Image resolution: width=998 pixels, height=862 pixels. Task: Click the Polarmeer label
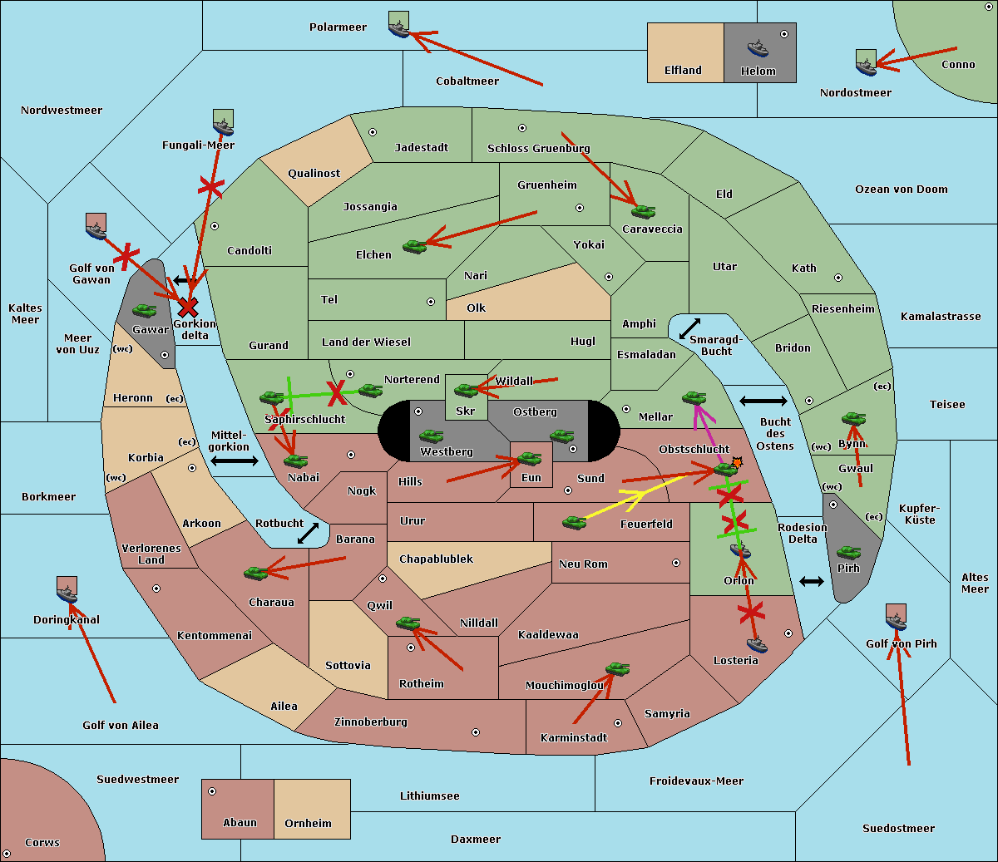(338, 27)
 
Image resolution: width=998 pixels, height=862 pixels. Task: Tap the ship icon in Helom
(757, 48)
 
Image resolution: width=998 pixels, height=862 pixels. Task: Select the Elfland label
(683, 71)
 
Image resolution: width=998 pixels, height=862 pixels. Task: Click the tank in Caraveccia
(643, 212)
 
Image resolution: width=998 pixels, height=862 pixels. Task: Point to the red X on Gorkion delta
(188, 308)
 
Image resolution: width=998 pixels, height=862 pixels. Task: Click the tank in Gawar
(145, 311)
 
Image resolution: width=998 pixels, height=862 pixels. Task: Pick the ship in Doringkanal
(67, 593)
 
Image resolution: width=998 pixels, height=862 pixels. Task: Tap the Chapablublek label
(436, 559)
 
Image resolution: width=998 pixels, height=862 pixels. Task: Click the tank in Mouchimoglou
(617, 669)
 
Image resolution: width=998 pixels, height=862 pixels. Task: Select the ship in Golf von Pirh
(896, 620)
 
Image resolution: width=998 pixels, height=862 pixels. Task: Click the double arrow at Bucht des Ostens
(763, 401)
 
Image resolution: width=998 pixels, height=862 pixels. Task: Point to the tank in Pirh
(848, 553)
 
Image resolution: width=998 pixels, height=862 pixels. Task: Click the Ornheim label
(308, 824)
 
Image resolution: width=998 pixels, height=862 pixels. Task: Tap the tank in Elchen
(414, 246)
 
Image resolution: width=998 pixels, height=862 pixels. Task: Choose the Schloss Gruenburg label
(538, 149)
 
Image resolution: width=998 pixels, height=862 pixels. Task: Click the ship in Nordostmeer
(866, 64)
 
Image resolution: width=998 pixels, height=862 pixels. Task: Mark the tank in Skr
(466, 390)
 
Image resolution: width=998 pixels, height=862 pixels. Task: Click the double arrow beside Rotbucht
(309, 533)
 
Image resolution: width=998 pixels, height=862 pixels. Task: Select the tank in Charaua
(255, 573)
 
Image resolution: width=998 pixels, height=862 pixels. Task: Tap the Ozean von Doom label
(901, 190)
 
